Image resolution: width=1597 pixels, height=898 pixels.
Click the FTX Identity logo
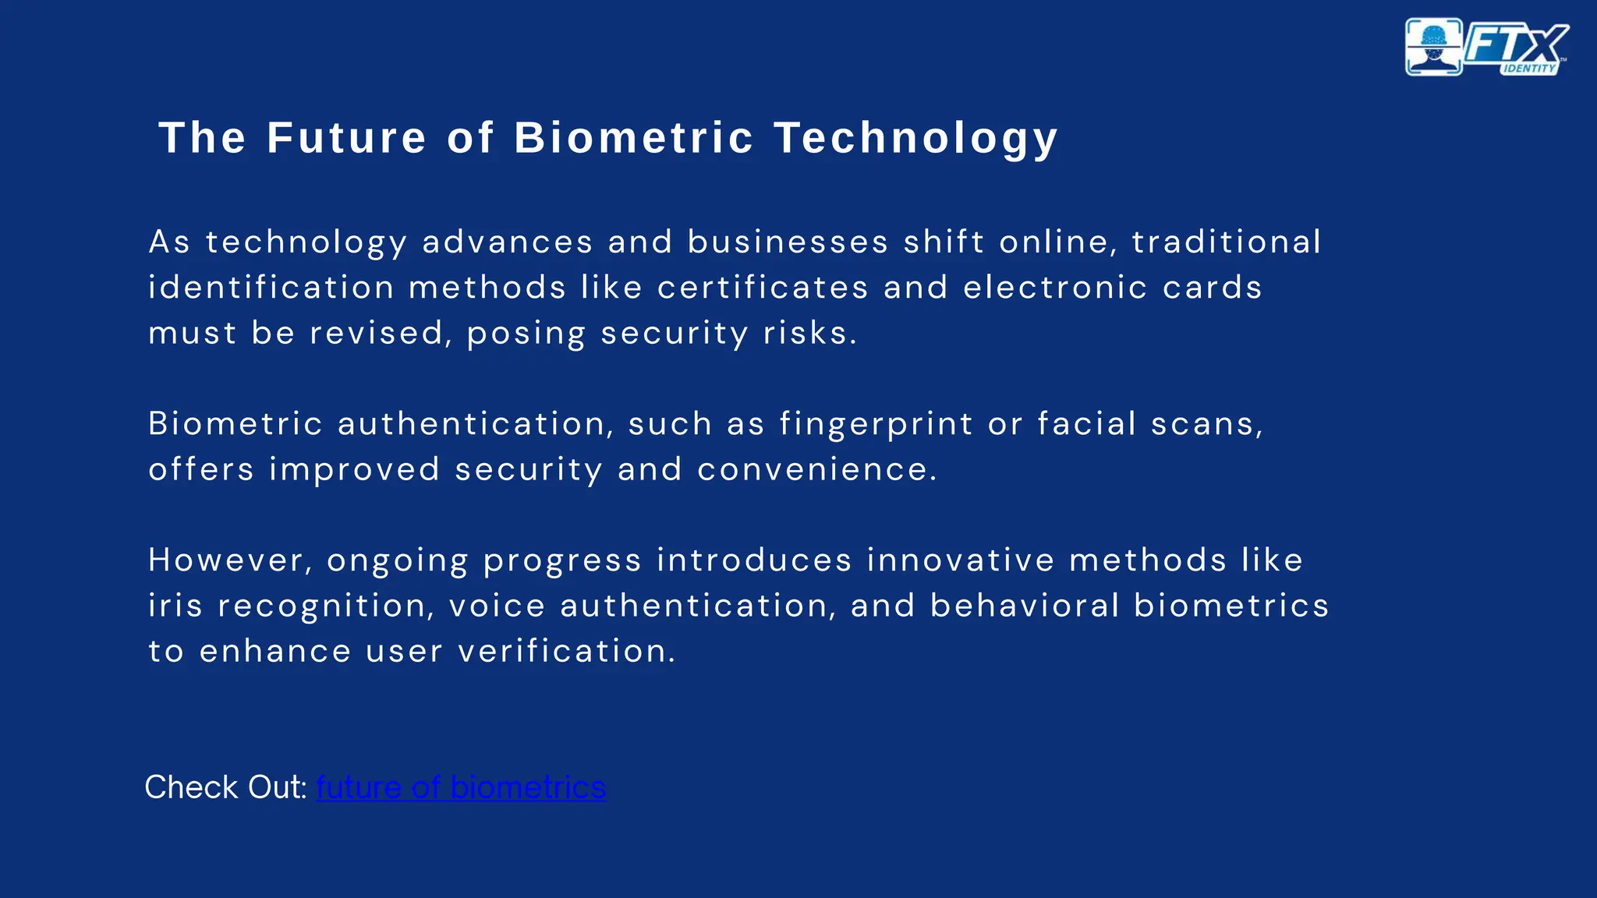pyautogui.click(x=1487, y=48)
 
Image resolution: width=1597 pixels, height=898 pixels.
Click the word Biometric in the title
pyautogui.click(x=634, y=138)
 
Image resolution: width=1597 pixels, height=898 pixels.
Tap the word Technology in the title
pyautogui.click(x=915, y=139)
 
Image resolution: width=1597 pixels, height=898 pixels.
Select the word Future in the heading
pyautogui.click(x=347, y=138)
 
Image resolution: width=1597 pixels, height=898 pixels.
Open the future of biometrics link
pyautogui.click(x=461, y=787)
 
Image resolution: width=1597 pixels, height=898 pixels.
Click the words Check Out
pyautogui.click(x=225, y=787)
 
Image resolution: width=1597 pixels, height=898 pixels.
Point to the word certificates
pyautogui.click(x=763, y=288)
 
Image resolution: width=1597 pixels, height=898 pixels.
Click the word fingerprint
pyautogui.click(x=876, y=424)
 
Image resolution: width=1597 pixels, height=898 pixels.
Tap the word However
pyautogui.click(x=231, y=560)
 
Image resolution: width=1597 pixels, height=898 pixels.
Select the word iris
pyautogui.click(x=175, y=606)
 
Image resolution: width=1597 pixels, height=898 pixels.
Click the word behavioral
pyautogui.click(x=1025, y=606)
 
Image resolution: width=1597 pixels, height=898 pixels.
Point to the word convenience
pyautogui.click(x=816, y=469)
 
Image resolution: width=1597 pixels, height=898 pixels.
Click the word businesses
pyautogui.click(x=788, y=242)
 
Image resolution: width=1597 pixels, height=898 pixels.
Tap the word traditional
pyautogui.click(x=1226, y=242)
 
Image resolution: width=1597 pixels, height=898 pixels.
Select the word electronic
pyautogui.click(x=1055, y=288)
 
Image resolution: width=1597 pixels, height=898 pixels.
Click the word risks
pyautogui.click(x=809, y=333)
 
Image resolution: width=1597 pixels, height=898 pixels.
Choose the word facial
pyautogui.click(x=1086, y=424)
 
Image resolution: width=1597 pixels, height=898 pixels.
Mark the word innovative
pyautogui.click(x=960, y=560)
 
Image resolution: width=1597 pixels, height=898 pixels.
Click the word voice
pyautogui.click(x=497, y=606)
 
